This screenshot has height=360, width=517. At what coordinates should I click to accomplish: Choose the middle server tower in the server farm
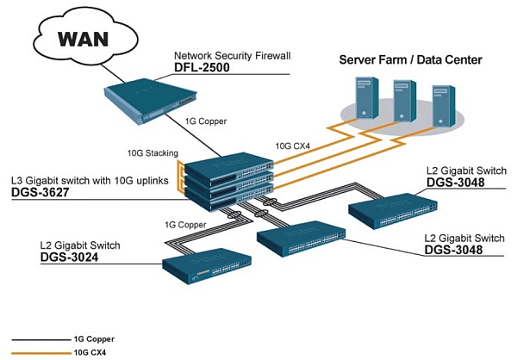coord(402,100)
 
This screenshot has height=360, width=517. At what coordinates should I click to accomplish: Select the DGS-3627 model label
coord(44,195)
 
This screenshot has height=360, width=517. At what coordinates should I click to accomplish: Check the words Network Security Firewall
coord(232,55)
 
